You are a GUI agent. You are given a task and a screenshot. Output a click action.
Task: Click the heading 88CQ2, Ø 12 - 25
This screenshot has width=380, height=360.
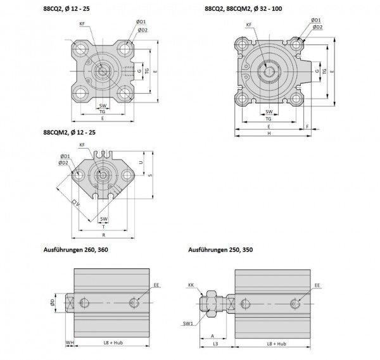coord(66,9)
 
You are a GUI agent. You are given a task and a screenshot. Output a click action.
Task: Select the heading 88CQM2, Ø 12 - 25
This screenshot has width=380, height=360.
coord(69,132)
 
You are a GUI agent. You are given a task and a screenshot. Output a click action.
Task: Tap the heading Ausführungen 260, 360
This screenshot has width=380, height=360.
coord(75,250)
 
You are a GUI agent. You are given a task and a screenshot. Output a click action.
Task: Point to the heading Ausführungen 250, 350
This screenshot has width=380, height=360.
coord(220,250)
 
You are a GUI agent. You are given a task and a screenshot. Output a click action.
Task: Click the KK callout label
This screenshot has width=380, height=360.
coord(191,285)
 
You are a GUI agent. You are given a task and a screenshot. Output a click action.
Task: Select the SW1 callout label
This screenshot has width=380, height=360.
coord(188,323)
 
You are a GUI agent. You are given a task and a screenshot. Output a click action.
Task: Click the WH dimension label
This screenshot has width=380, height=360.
coord(70,342)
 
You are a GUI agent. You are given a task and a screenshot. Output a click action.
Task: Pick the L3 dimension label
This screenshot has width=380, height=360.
coord(215,344)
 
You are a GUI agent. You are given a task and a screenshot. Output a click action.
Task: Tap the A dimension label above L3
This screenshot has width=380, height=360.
coord(213,336)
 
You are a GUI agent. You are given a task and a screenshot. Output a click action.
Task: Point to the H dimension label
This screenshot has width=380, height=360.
coord(269,133)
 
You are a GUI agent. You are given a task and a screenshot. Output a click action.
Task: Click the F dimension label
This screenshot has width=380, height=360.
coord(307,127)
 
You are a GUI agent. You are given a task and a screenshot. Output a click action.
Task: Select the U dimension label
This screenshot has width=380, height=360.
coord(141,163)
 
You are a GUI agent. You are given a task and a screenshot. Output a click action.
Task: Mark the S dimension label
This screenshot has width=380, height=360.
coord(150,175)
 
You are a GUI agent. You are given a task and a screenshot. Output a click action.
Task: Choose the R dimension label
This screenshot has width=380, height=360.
coord(104,235)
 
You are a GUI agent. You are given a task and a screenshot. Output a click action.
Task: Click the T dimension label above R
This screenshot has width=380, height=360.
coord(104,227)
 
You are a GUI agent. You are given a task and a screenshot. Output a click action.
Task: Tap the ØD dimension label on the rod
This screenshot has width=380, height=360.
coord(53,302)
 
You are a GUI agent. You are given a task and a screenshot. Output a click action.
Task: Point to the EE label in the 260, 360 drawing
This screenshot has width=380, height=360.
coord(156,285)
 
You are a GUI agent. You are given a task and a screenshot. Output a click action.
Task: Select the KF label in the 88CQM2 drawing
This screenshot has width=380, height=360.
coord(82,145)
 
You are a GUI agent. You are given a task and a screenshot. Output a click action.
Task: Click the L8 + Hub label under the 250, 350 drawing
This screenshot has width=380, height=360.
coord(277,344)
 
